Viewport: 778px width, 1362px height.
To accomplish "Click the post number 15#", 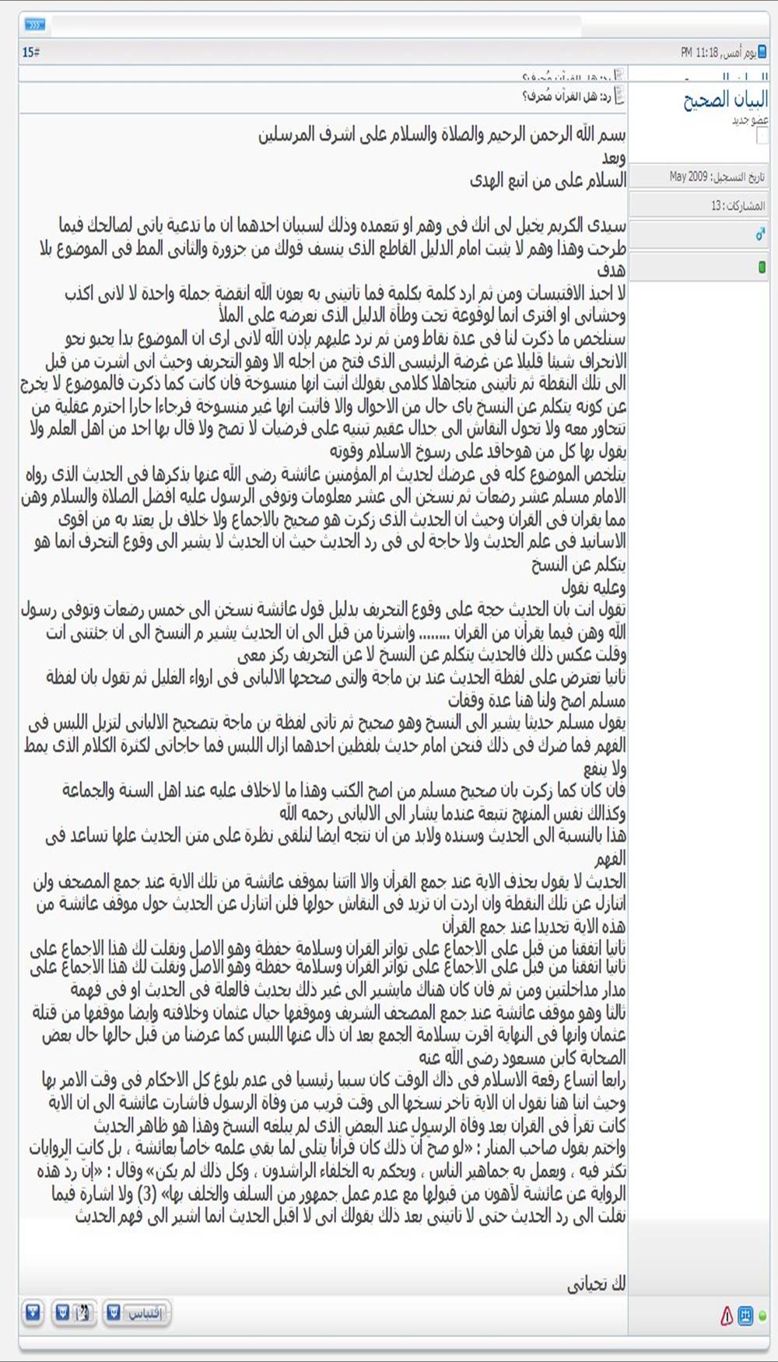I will pos(30,52).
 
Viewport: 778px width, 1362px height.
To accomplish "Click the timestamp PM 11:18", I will pos(699,52).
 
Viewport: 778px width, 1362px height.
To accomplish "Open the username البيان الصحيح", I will pos(725,100).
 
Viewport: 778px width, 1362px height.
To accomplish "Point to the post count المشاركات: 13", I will pos(738,205).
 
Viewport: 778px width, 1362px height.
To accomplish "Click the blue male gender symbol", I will pos(760,234).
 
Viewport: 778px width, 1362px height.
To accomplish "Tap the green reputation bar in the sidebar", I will pos(762,267).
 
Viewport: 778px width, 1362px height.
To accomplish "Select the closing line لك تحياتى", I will pos(596,1283).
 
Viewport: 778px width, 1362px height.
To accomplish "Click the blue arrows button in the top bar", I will pos(35,25).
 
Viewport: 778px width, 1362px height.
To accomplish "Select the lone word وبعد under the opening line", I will pos(613,158).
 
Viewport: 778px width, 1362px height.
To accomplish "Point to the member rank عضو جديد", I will pos(750,121).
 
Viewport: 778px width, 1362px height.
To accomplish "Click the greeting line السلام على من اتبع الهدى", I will pos(548,181).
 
